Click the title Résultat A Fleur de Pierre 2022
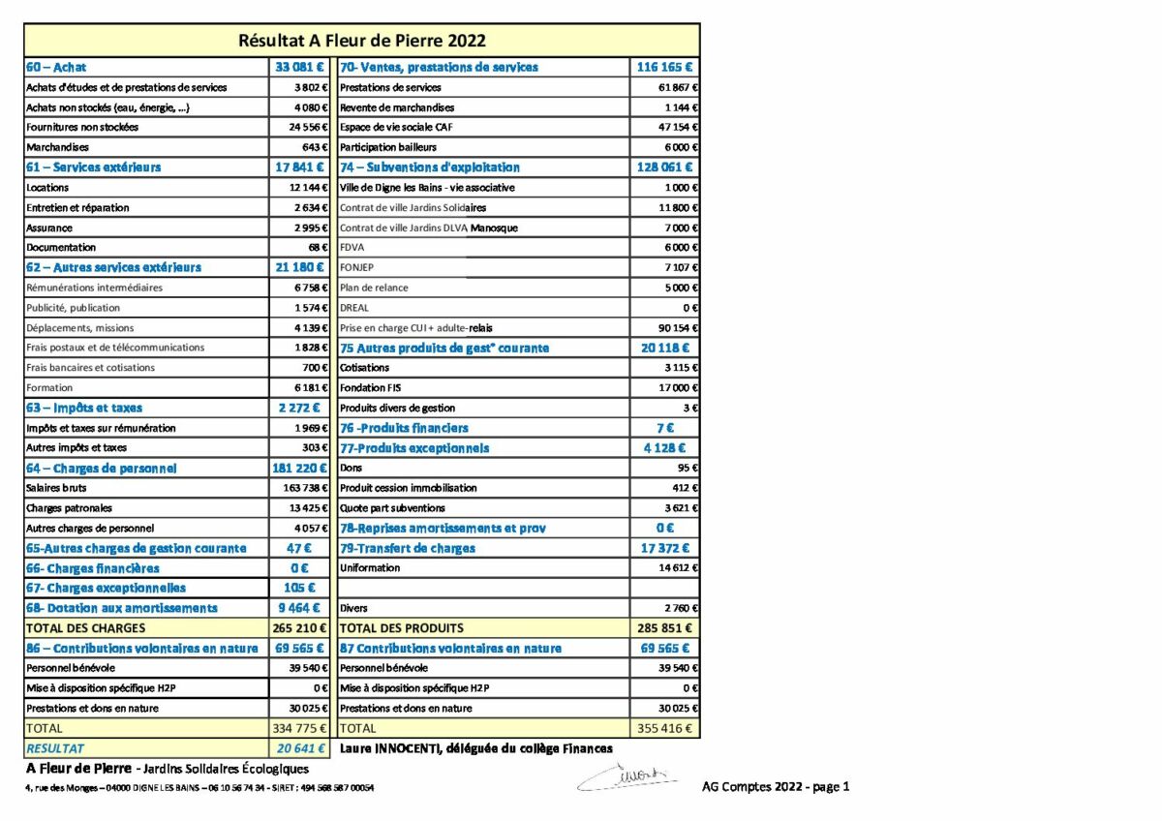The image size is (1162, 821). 361,41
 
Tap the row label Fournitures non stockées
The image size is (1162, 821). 82,127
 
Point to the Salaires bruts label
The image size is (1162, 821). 56,488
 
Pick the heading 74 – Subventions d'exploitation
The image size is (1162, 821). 429,167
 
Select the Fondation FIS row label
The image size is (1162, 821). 364,388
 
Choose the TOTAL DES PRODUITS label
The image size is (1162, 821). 401,628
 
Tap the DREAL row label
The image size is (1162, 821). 354,308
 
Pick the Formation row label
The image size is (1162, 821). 49,388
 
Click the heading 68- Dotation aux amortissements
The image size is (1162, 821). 121,608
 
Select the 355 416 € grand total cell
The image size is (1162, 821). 664,728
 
